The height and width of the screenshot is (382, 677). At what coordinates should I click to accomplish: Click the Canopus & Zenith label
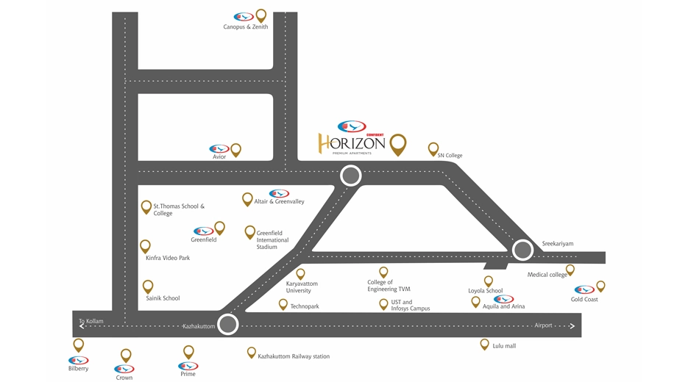pos(245,26)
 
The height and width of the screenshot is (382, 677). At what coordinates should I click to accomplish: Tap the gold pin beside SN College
pos(433,149)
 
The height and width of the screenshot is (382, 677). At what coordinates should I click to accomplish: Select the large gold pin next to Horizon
pos(397,145)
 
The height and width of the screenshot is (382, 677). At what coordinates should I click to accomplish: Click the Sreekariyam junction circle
pos(522,250)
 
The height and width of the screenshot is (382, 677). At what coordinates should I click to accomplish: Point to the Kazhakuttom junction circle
pos(228,324)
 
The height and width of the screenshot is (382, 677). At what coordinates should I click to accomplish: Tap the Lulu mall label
pos(504,346)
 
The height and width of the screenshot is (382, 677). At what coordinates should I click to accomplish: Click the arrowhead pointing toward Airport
pos(572,326)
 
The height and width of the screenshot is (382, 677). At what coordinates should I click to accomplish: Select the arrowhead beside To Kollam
pos(82,326)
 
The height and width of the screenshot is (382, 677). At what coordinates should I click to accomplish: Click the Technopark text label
pos(305,306)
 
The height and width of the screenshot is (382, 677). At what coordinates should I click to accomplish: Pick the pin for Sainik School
pos(148,286)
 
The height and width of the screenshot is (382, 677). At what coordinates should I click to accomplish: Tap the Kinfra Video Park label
pos(168,258)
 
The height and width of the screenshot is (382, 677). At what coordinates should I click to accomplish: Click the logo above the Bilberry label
pos(78,361)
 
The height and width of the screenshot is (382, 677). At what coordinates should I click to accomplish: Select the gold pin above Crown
pos(126,356)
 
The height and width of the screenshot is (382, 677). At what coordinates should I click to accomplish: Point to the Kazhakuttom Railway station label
pos(294,356)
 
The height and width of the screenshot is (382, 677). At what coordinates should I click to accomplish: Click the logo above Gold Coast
pos(584,289)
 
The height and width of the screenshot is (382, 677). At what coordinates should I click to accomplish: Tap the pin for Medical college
pos(570,270)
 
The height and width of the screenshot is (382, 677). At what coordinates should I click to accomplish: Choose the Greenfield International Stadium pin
pos(249,232)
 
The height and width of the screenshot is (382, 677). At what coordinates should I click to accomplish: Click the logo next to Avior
pos(219,148)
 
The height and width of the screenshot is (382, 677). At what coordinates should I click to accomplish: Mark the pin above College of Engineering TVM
pos(383,273)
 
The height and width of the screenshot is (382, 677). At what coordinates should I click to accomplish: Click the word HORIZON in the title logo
pos(352,143)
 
